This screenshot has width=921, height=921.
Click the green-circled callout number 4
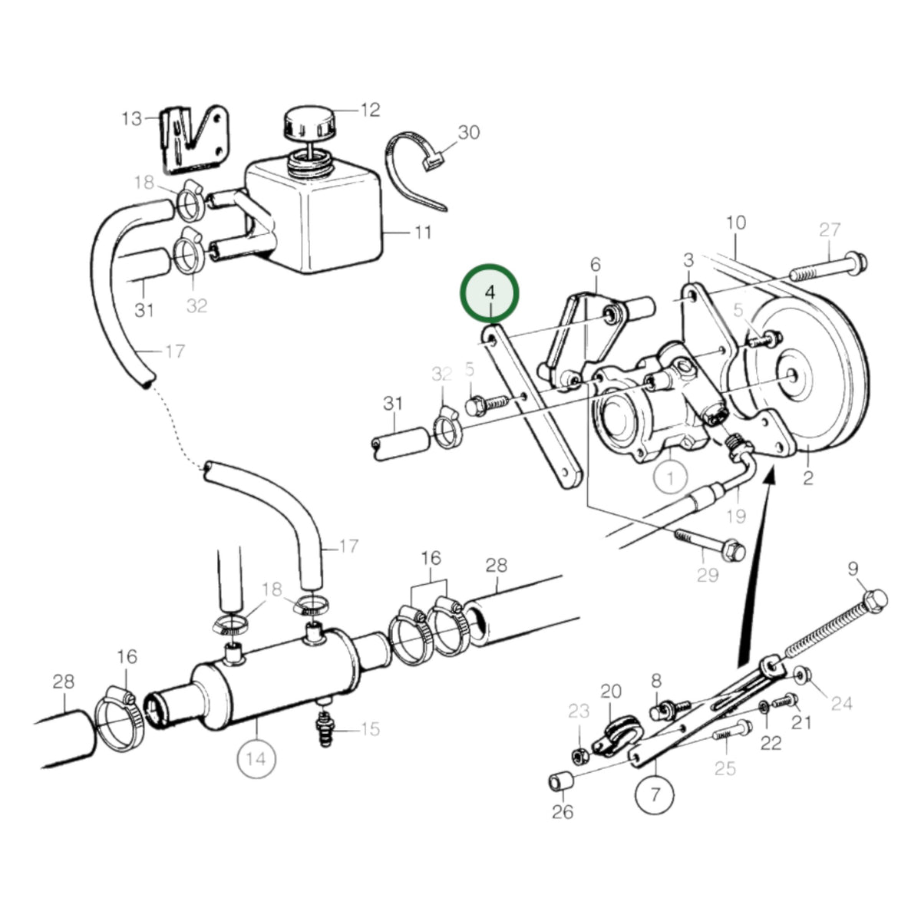pos(489,293)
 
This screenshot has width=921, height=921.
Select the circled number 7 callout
pos(655,794)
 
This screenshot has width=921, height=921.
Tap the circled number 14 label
pos(256,758)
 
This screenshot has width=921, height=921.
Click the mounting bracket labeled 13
pos(193,140)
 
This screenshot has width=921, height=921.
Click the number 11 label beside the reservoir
pos(422,233)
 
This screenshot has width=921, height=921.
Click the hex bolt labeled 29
pos(710,544)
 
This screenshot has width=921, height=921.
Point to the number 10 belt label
pos(736,223)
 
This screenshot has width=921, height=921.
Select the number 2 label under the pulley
pos(807,478)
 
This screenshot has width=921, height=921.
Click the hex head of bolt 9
pos(876,600)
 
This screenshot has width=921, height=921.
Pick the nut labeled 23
pos(579,754)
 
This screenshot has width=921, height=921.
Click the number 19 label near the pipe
pos(737,517)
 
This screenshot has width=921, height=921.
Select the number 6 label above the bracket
pos(595,264)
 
